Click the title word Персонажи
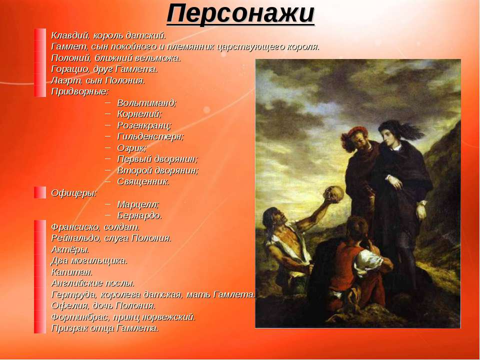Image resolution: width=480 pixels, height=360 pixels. tap(240, 14)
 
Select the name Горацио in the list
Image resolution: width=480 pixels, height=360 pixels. tap(69, 69)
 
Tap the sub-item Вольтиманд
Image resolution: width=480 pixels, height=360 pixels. tap(147, 103)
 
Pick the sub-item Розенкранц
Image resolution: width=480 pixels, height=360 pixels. tap(144, 125)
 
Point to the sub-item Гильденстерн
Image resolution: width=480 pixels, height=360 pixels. tap(150, 136)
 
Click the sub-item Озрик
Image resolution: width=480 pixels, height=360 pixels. tap(132, 148)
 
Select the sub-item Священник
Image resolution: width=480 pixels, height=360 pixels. tap(143, 182)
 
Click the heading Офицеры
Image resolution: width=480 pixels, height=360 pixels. tap(74, 193)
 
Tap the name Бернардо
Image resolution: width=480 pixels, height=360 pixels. tap(139, 215)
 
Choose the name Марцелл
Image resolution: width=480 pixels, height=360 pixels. tap(138, 204)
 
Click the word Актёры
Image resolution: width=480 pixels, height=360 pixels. tap(70, 249)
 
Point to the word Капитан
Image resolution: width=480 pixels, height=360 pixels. tap(71, 272)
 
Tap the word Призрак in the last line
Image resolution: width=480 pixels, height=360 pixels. tap(68, 328)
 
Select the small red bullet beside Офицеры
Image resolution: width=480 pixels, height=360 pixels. tap(40, 192)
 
